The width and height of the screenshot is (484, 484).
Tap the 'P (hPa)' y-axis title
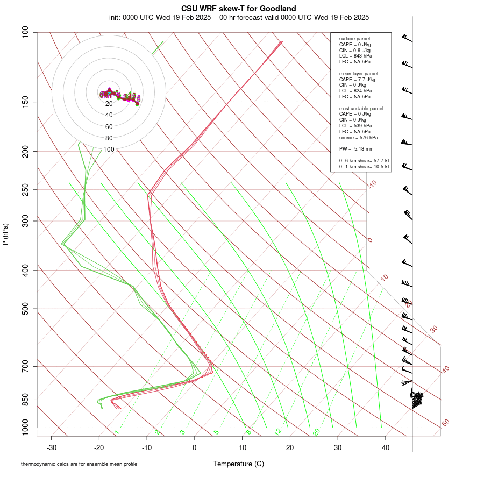pos(5,234)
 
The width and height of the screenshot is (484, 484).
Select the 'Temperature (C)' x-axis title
pos(239,464)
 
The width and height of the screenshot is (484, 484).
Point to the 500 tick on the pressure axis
pos(25,309)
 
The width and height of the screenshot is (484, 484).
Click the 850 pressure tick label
pos(25,400)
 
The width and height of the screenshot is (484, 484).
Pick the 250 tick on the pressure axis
pos(25,189)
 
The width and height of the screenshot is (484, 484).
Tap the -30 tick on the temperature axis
pos(52,447)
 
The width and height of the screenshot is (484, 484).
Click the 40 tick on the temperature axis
pos(386,447)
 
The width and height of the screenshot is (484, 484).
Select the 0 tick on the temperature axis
pos(195,447)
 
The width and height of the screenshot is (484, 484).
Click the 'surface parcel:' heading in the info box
pos(355,39)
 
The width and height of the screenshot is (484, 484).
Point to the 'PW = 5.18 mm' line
pos(356,148)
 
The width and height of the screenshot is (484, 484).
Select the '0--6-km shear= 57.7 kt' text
pos(364,161)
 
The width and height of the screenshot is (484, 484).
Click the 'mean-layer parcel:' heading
pos(359,73)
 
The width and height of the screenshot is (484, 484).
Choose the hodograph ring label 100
pos(109,150)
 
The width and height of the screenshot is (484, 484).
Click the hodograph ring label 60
pos(109,127)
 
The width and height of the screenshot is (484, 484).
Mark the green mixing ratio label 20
pos(317,432)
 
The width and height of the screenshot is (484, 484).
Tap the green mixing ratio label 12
pos(278,432)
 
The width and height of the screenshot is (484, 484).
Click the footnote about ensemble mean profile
pos(79,464)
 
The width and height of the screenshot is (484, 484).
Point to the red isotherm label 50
pos(445,423)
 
